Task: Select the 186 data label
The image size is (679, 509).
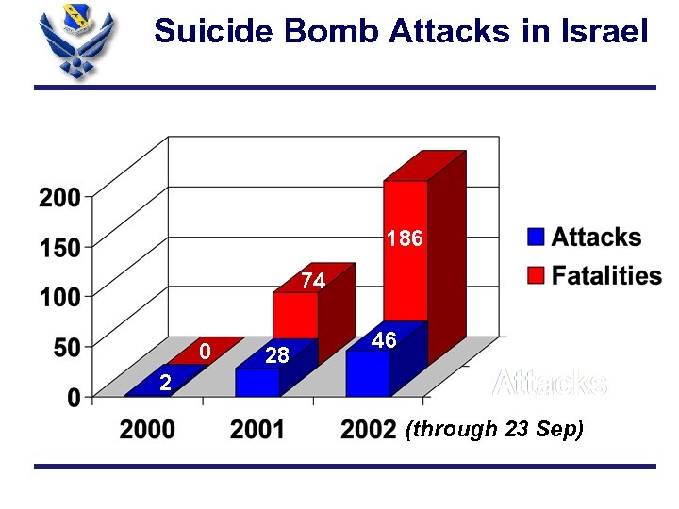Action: coord(406,239)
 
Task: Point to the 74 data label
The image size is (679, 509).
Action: coord(313,281)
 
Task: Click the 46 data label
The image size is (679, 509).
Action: coord(384,340)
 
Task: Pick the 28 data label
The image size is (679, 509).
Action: coord(277,356)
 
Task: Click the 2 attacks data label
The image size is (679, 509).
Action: coord(165,383)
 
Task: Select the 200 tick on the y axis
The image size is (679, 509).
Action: coord(59,198)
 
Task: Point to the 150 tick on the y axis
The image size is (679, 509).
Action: coord(59,248)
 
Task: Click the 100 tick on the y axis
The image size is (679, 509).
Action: coord(59,297)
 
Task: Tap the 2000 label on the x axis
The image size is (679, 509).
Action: coord(147,430)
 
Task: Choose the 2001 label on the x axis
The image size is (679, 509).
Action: coord(257,430)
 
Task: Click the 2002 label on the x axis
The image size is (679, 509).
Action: coord(368,430)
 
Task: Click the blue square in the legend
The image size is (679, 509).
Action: coord(536,237)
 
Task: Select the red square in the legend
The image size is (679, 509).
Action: coord(536,275)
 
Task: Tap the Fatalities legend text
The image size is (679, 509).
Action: coord(606,275)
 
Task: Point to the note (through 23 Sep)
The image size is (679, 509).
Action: coord(494,430)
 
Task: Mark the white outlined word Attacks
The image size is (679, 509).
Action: coord(550,384)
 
